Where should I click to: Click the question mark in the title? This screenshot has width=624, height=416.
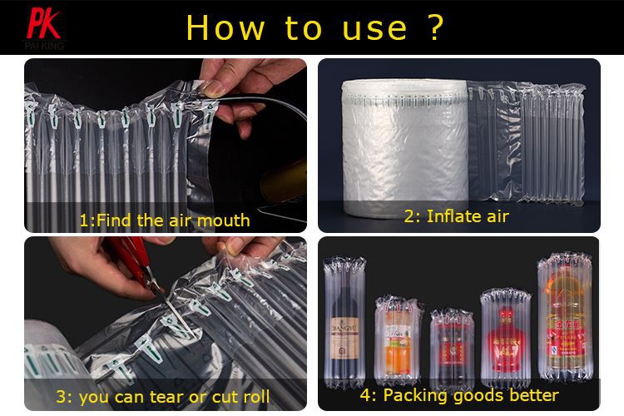tap(434, 27)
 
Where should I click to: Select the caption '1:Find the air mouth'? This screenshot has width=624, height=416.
tap(164, 220)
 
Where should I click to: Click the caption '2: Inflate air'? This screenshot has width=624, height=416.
tap(456, 216)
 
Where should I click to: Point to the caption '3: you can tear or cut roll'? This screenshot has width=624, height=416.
tap(163, 397)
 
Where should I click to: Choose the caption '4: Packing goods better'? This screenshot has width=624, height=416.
tap(458, 394)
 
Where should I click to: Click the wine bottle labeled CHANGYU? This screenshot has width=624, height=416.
tap(344, 324)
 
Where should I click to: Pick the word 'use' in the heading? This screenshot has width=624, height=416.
tap(374, 27)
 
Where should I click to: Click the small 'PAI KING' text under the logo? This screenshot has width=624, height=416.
tap(44, 45)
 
